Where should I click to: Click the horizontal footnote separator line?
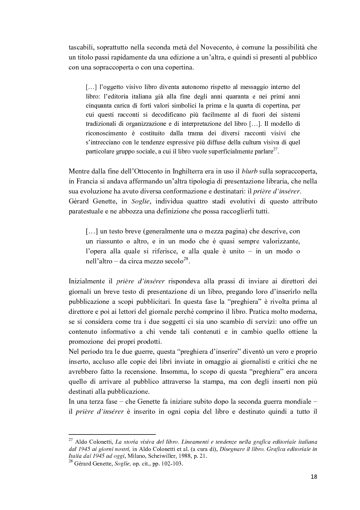(112, 434)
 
